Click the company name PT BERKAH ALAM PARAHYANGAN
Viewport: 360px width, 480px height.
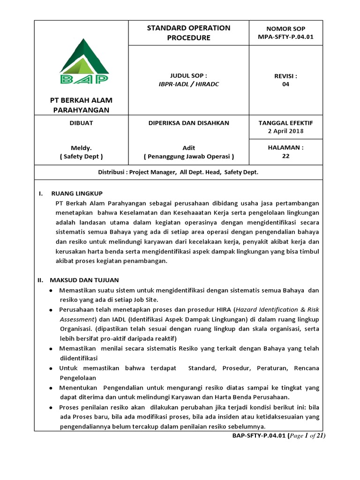[x=81, y=105]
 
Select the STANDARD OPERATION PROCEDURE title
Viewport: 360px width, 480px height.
[x=188, y=32]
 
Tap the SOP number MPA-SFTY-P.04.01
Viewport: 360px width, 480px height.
[x=285, y=37]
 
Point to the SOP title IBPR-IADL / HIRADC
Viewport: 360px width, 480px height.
[x=188, y=84]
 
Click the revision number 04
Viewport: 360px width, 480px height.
[x=285, y=84]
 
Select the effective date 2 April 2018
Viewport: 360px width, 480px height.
[x=285, y=131]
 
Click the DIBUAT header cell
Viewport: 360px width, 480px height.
[x=81, y=123]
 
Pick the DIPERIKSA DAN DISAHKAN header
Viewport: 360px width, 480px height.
[x=188, y=123]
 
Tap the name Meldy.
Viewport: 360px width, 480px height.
[x=81, y=148]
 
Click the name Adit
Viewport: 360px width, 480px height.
[x=188, y=148]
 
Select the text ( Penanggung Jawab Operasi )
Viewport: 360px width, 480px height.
[x=188, y=156]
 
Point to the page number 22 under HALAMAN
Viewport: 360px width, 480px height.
[x=285, y=156]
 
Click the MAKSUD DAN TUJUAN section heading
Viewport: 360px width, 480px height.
[x=85, y=280]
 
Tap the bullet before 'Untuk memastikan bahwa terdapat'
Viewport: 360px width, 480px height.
[x=51, y=368]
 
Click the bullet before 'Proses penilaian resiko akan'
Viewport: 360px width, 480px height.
[x=51, y=407]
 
